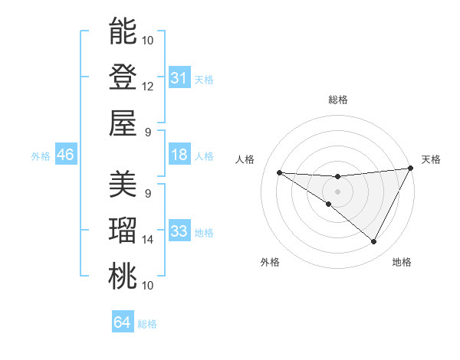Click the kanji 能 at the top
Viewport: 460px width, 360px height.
click(122, 31)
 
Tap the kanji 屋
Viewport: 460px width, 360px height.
click(122, 123)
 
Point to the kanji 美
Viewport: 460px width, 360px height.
click(122, 185)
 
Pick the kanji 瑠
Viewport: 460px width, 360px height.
click(122, 231)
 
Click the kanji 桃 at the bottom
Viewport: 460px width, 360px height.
click(122, 276)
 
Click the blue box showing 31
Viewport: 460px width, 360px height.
click(179, 77)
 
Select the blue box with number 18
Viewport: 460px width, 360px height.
click(179, 155)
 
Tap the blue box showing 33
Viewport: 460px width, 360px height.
click(179, 231)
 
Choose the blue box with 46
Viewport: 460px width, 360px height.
click(65, 155)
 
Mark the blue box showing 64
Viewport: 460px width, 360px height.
click(123, 322)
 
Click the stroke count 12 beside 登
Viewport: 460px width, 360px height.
click(148, 87)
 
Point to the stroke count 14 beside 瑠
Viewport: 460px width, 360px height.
click(148, 240)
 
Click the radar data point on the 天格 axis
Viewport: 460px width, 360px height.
click(411, 169)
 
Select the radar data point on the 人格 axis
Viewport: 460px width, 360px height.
click(279, 172)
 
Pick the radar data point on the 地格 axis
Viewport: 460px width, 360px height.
click(374, 242)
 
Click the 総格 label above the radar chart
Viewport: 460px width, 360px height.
click(338, 100)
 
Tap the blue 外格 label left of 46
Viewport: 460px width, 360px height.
click(41, 156)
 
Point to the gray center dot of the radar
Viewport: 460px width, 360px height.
click(338, 190)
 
